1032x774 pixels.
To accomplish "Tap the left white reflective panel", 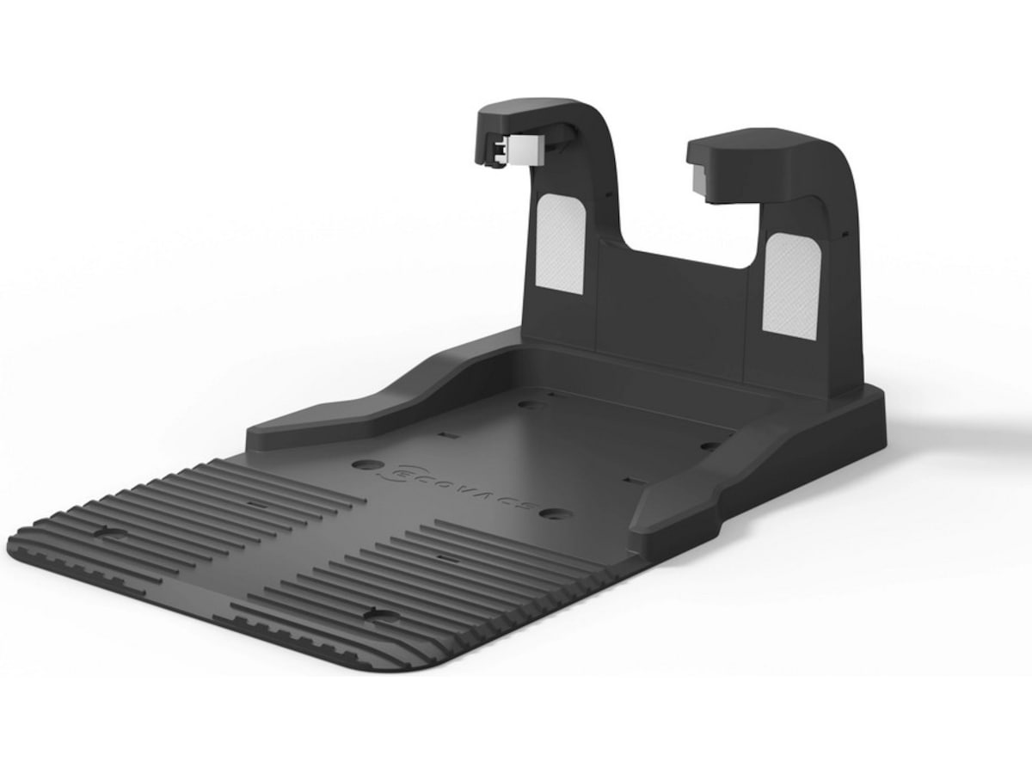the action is pos(561,244).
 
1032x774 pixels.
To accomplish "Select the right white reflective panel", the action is pos(792,286).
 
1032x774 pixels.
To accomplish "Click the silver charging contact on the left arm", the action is pos(523,150).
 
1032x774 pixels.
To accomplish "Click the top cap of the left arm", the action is pos(526,113).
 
